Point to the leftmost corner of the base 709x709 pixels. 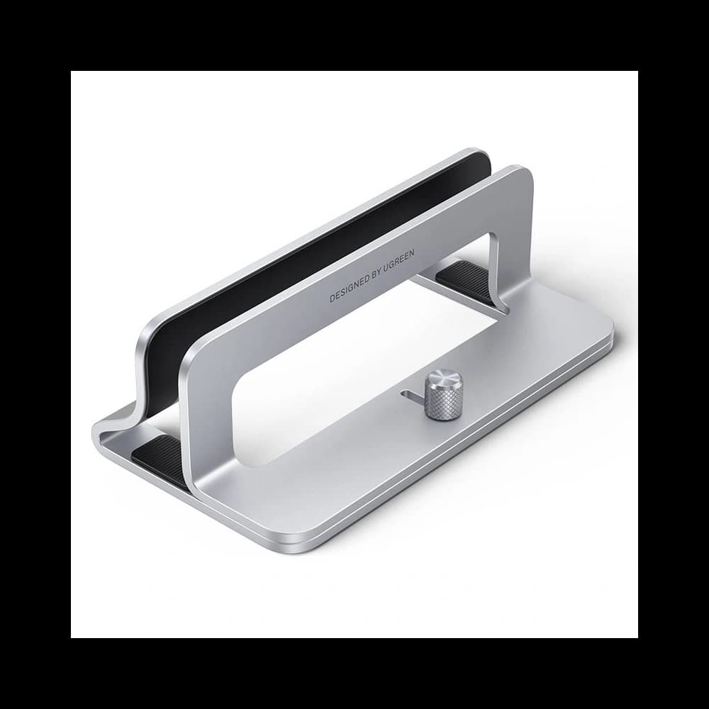(96, 431)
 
